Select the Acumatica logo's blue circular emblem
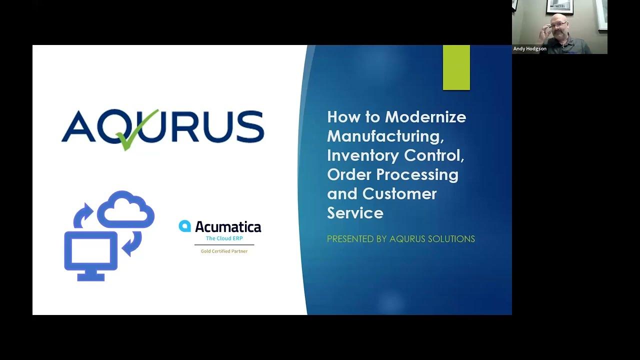click(185, 226)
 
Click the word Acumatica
click(228, 227)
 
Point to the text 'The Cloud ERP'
click(224, 238)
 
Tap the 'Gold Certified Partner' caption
click(224, 251)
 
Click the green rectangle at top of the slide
click(456, 67)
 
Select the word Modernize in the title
click(425, 117)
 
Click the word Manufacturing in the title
click(385, 136)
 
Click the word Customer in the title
click(399, 193)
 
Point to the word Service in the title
click(355, 213)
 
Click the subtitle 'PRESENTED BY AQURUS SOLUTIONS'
click(400, 239)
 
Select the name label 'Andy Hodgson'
click(530, 49)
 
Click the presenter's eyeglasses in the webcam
click(559, 24)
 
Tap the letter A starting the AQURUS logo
click(77, 127)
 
